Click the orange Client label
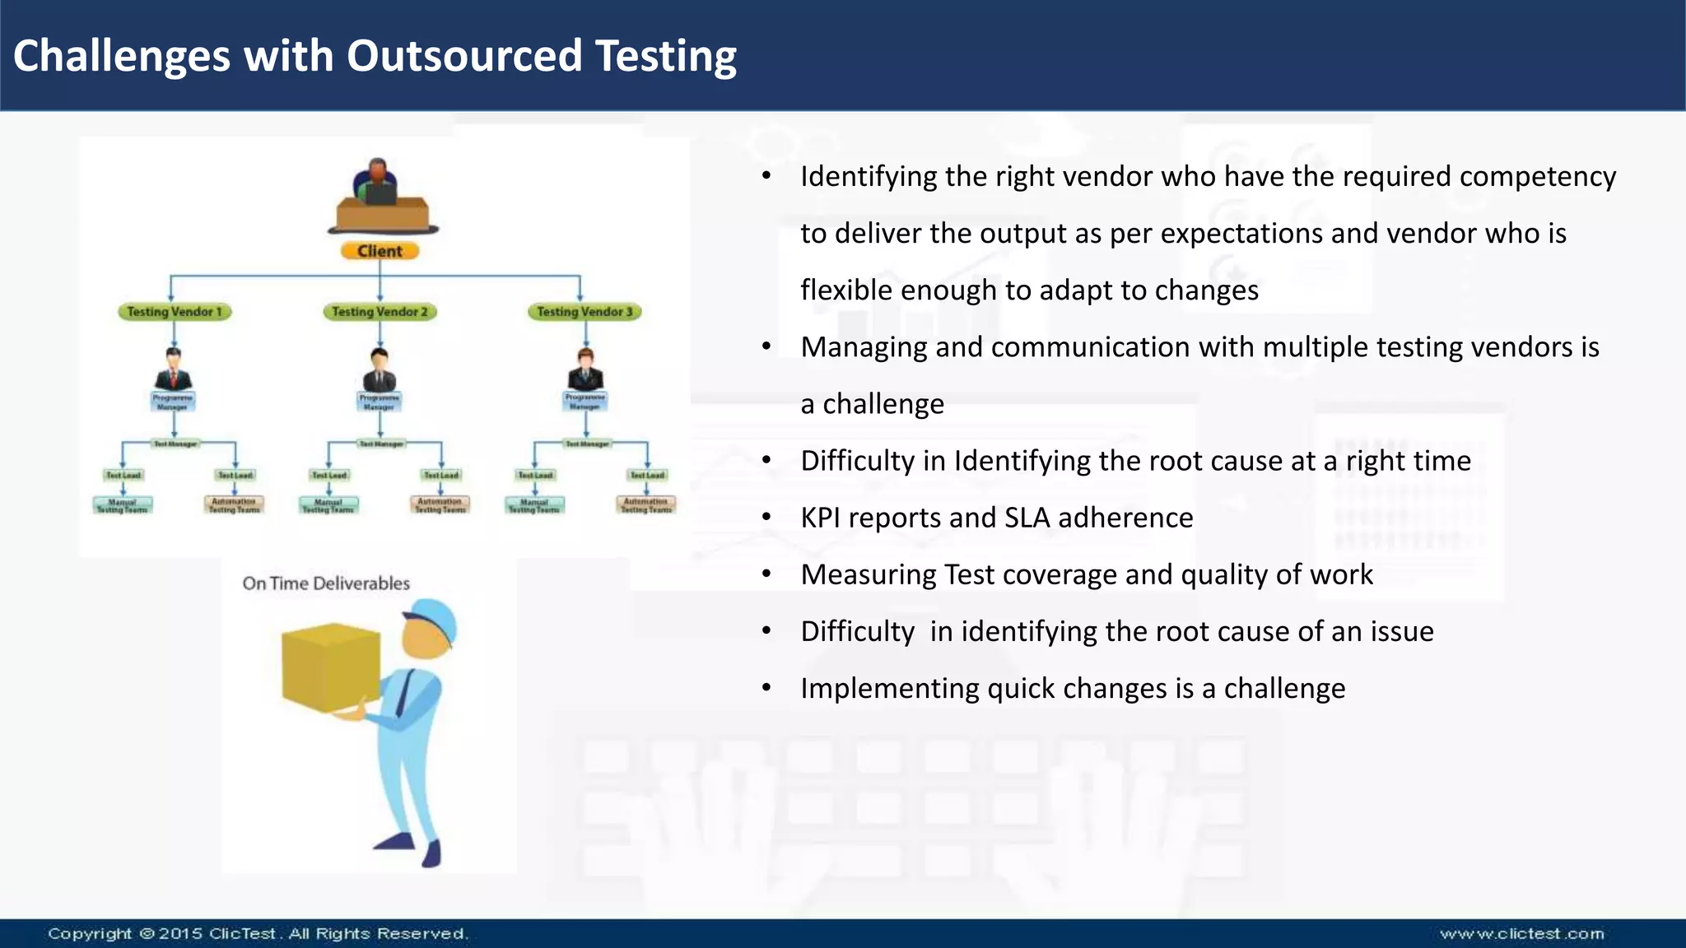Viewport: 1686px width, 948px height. point(380,251)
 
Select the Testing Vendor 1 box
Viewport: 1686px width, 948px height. point(174,312)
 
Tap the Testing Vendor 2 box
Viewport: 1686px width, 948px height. point(380,312)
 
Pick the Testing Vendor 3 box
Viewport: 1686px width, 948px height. point(585,312)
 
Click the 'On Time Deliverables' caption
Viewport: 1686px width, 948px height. point(326,583)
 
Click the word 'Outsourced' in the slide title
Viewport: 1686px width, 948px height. point(464,56)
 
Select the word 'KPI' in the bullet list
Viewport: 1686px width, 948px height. point(820,518)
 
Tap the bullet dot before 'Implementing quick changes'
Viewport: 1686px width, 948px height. point(766,688)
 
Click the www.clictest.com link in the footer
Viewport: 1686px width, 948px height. point(1521,934)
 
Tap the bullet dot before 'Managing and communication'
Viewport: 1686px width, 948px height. point(766,347)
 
